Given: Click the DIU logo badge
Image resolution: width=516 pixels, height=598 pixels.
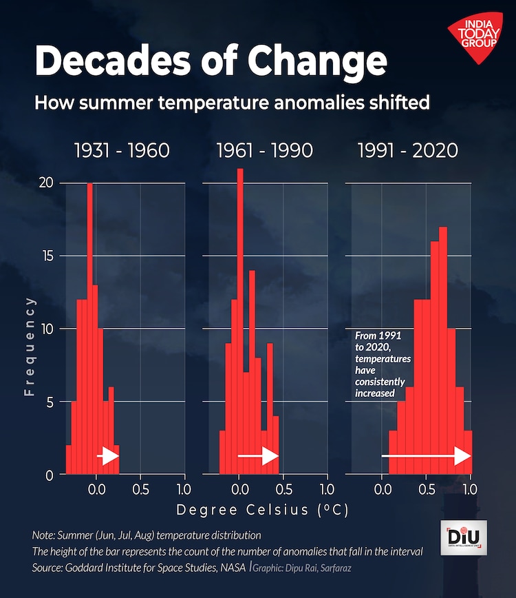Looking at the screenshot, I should [463, 537].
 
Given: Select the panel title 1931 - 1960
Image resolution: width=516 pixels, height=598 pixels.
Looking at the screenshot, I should [122, 150].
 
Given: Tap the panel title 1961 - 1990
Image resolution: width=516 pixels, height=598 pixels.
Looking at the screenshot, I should [264, 150].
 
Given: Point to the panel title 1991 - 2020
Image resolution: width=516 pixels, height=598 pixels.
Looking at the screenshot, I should [407, 150].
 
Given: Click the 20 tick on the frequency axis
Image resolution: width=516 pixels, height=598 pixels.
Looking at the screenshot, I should [46, 183].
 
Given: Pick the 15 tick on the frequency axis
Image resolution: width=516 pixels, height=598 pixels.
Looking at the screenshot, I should [46, 256].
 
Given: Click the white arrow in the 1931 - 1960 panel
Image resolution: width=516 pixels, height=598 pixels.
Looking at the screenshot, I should [108, 456].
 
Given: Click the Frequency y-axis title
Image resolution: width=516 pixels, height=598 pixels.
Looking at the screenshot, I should [29, 346].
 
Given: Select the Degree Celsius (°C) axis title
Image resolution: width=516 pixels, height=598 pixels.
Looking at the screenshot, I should [261, 511].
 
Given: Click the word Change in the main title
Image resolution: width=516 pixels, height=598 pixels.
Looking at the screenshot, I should [317, 61].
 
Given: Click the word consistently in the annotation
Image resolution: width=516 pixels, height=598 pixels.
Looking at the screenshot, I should [380, 382].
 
